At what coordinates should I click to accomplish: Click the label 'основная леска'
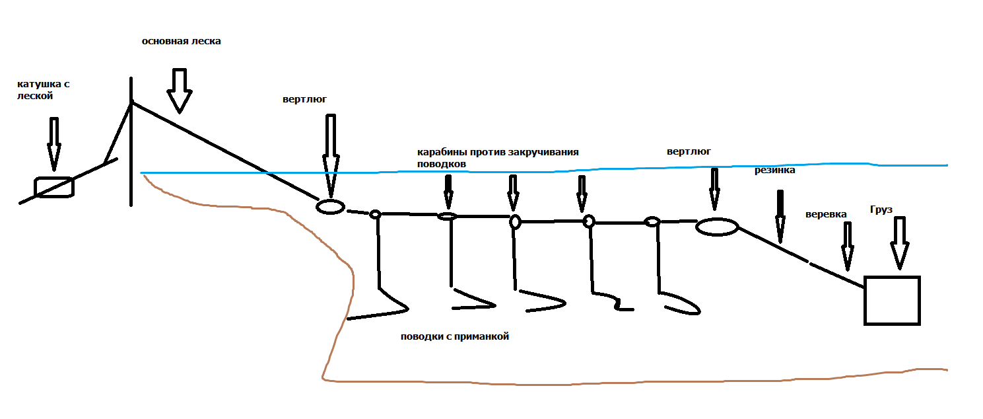pos(181,41)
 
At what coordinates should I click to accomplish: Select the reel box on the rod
pos(54,187)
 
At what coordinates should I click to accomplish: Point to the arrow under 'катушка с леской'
pos(54,144)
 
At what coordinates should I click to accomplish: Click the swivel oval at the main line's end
pos(330,206)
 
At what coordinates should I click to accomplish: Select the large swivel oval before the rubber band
pos(716,227)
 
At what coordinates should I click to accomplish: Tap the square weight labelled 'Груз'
pos(892,301)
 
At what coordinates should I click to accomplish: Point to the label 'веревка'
pos(826,215)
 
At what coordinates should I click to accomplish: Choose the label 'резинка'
pos(774,171)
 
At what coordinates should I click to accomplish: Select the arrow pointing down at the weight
pos(899,242)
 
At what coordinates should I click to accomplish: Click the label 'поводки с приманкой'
pos(455,336)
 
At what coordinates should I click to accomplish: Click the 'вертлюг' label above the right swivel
pos(689,151)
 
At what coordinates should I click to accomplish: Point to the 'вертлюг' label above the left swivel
pos(304,100)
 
